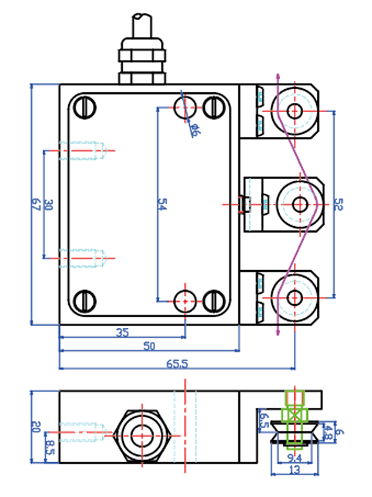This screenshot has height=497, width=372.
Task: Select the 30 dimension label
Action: pos(50,205)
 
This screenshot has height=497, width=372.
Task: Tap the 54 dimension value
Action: pos(163,205)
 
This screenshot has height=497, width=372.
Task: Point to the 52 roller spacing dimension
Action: pos(339,205)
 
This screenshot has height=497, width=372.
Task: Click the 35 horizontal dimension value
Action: pos(122,332)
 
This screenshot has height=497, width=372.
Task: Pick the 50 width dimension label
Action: pos(149,346)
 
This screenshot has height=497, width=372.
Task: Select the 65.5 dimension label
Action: pos(177,364)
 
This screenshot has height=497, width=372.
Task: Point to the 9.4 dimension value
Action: pos(294,459)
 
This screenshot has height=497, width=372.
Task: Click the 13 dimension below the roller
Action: pos(296,470)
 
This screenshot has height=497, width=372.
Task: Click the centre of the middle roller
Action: pos(300,203)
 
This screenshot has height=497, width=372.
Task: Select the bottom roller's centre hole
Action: pos(295,297)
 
